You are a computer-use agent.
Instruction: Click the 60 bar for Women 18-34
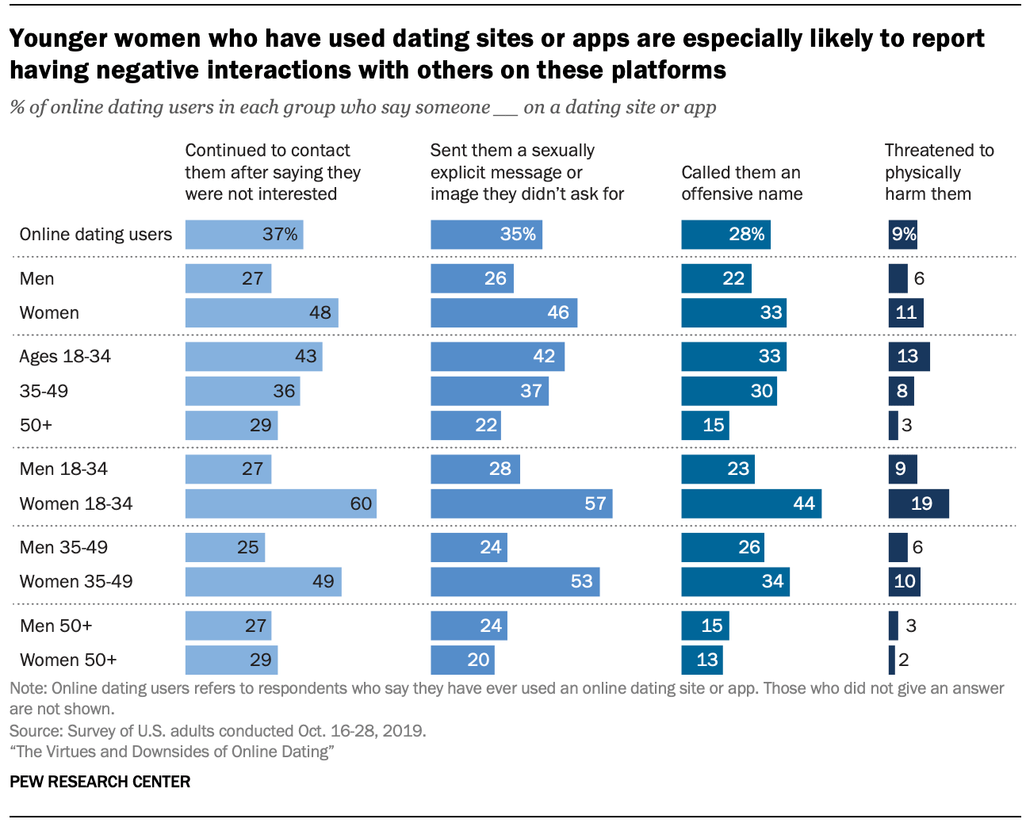[281, 503]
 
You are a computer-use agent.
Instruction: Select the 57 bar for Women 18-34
[521, 503]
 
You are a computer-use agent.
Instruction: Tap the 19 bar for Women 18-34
[918, 503]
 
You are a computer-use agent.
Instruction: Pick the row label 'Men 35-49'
[63, 547]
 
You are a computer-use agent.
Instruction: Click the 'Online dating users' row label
[95, 235]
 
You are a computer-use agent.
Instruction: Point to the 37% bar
[244, 235]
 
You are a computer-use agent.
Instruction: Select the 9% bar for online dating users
[902, 235]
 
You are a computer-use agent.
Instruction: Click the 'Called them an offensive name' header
[741, 183]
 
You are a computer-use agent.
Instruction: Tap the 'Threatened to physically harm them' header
[939, 172]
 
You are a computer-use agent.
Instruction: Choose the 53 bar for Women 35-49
[515, 581]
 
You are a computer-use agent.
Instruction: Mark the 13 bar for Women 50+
[702, 660]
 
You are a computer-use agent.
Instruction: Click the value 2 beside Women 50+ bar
[904, 660]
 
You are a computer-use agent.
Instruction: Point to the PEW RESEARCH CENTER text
[100, 782]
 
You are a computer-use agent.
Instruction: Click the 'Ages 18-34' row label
[65, 357]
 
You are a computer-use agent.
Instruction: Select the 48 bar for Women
[262, 312]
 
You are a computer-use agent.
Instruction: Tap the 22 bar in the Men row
[716, 278]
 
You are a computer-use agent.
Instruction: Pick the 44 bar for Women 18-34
[751, 503]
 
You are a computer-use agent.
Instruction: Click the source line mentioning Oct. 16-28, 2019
[217, 730]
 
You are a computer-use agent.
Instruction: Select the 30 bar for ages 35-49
[729, 391]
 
